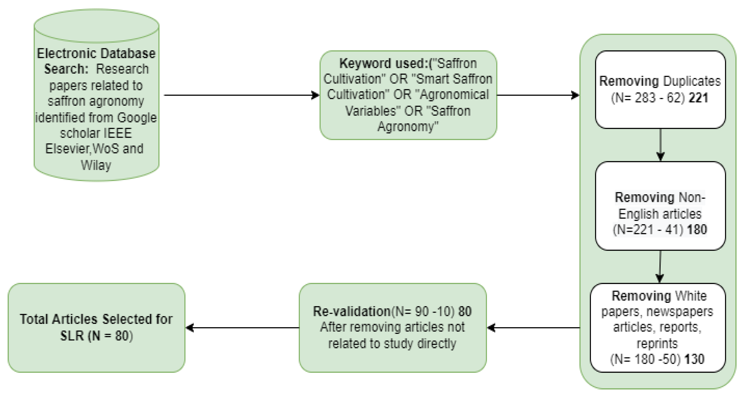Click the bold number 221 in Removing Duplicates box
pyautogui.click(x=698, y=98)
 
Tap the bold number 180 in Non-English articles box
pyautogui.click(x=697, y=230)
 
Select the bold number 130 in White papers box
pyautogui.click(x=694, y=359)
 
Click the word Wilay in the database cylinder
pyautogui.click(x=96, y=165)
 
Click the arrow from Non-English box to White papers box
pyautogui.click(x=660, y=267)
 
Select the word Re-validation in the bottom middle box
pyautogui.click(x=352, y=312)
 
